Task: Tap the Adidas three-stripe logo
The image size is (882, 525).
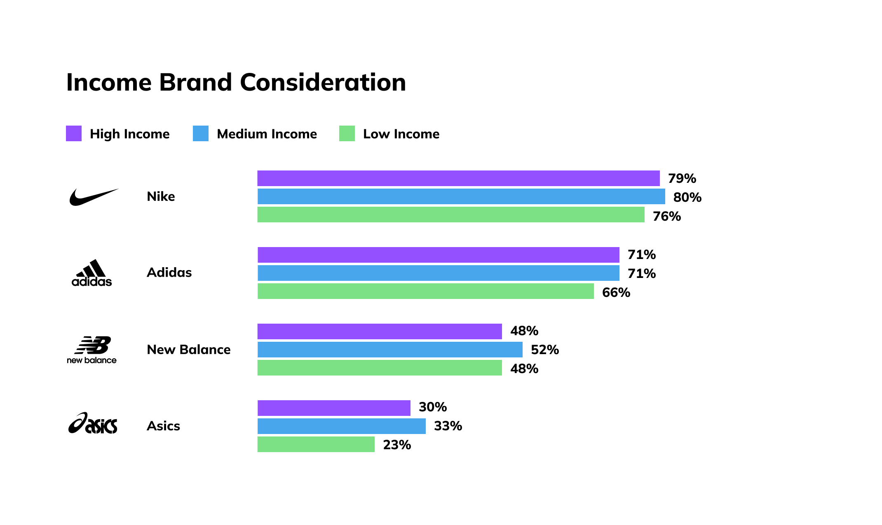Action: pyautogui.click(x=92, y=273)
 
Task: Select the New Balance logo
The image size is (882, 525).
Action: pyautogui.click(x=92, y=350)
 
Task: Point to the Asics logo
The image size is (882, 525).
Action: pyautogui.click(x=93, y=424)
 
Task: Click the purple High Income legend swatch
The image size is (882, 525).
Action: pyautogui.click(x=74, y=133)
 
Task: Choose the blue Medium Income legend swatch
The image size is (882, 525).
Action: pyautogui.click(x=201, y=133)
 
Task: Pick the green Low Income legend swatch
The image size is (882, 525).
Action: pyautogui.click(x=347, y=133)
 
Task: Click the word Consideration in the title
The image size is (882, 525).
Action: pyautogui.click(x=323, y=82)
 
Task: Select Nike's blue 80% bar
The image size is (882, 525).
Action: pyautogui.click(x=461, y=196)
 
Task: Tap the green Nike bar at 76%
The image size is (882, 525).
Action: pyautogui.click(x=451, y=215)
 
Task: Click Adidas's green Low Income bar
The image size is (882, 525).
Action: pyautogui.click(x=425, y=291)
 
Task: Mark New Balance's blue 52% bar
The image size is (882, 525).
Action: pyautogui.click(x=390, y=350)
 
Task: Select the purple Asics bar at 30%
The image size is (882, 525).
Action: pyautogui.click(x=334, y=408)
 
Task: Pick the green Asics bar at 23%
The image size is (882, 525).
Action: pyautogui.click(x=316, y=444)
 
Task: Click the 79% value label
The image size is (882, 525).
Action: pyautogui.click(x=682, y=178)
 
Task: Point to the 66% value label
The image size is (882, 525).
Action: pyautogui.click(x=616, y=292)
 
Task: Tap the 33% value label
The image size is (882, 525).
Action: pyautogui.click(x=448, y=426)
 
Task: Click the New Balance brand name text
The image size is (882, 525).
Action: pyautogui.click(x=189, y=350)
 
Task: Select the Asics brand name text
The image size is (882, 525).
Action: pyautogui.click(x=163, y=426)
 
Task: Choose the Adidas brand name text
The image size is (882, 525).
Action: pyautogui.click(x=169, y=273)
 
